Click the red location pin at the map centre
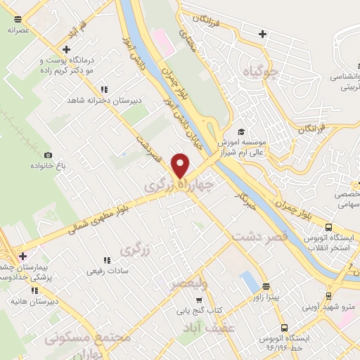point(181,165)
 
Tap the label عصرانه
point(18,30)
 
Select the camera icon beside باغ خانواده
point(48,155)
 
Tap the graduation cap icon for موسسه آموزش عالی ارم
point(240,131)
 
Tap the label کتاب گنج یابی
point(198,309)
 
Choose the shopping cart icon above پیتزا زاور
point(266,286)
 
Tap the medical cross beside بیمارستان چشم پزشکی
point(23,255)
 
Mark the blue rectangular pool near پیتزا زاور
point(250,283)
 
